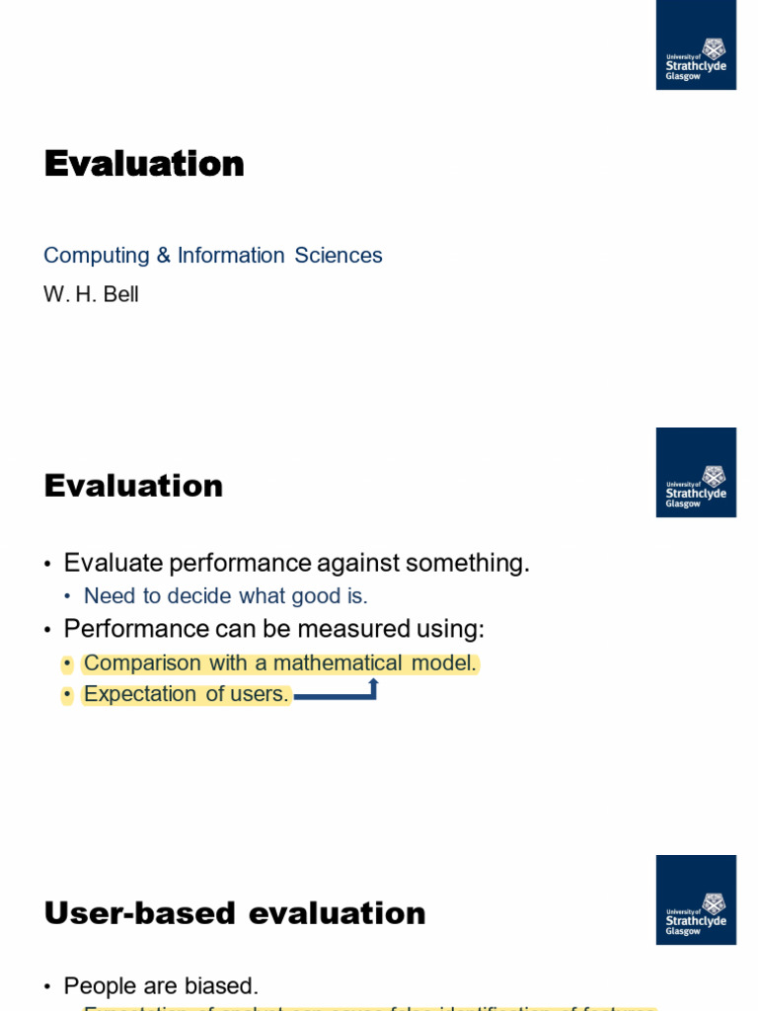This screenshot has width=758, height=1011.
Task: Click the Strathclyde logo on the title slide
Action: (696, 44)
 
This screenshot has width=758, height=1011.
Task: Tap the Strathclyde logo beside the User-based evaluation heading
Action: (696, 899)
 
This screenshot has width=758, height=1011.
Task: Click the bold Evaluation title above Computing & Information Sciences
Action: (144, 164)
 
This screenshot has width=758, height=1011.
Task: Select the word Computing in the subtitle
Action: (97, 256)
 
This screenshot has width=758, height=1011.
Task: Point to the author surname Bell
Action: (120, 294)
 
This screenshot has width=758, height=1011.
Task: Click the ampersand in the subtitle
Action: (164, 256)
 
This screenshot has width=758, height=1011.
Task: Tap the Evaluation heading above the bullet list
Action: (133, 486)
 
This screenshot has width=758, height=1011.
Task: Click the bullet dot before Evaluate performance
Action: (47, 565)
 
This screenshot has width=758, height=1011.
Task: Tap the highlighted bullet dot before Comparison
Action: (67, 663)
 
